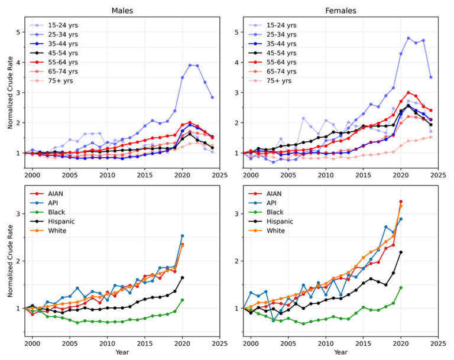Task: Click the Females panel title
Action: click(341, 10)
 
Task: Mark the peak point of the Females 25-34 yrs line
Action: click(408, 38)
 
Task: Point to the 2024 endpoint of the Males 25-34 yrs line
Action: click(212, 98)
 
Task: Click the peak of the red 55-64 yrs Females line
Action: click(408, 92)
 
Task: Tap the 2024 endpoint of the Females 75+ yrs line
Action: click(431, 137)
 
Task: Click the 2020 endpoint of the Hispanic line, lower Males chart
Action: click(182, 278)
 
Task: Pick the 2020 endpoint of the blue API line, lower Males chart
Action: click(182, 236)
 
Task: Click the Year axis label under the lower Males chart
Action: click(122, 353)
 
